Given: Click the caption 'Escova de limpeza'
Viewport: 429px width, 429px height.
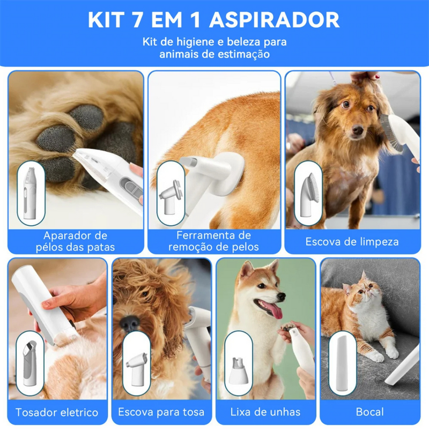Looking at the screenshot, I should (352, 241).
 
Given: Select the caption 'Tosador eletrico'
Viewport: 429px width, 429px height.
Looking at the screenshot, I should (57, 412).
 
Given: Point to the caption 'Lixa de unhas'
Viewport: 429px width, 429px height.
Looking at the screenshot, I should (265, 412).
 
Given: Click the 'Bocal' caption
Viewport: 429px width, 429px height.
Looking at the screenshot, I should (369, 412).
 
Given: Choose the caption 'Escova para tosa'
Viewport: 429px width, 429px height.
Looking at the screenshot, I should (161, 412).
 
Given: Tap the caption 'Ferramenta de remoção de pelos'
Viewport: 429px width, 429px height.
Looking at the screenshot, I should (213, 241).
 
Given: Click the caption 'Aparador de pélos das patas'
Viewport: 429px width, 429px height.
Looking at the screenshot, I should (76, 241).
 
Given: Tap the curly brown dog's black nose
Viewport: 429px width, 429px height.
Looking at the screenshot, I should (128, 323).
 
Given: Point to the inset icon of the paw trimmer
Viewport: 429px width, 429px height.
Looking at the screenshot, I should (31, 193).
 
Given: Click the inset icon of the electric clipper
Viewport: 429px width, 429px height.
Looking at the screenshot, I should (31, 363).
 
